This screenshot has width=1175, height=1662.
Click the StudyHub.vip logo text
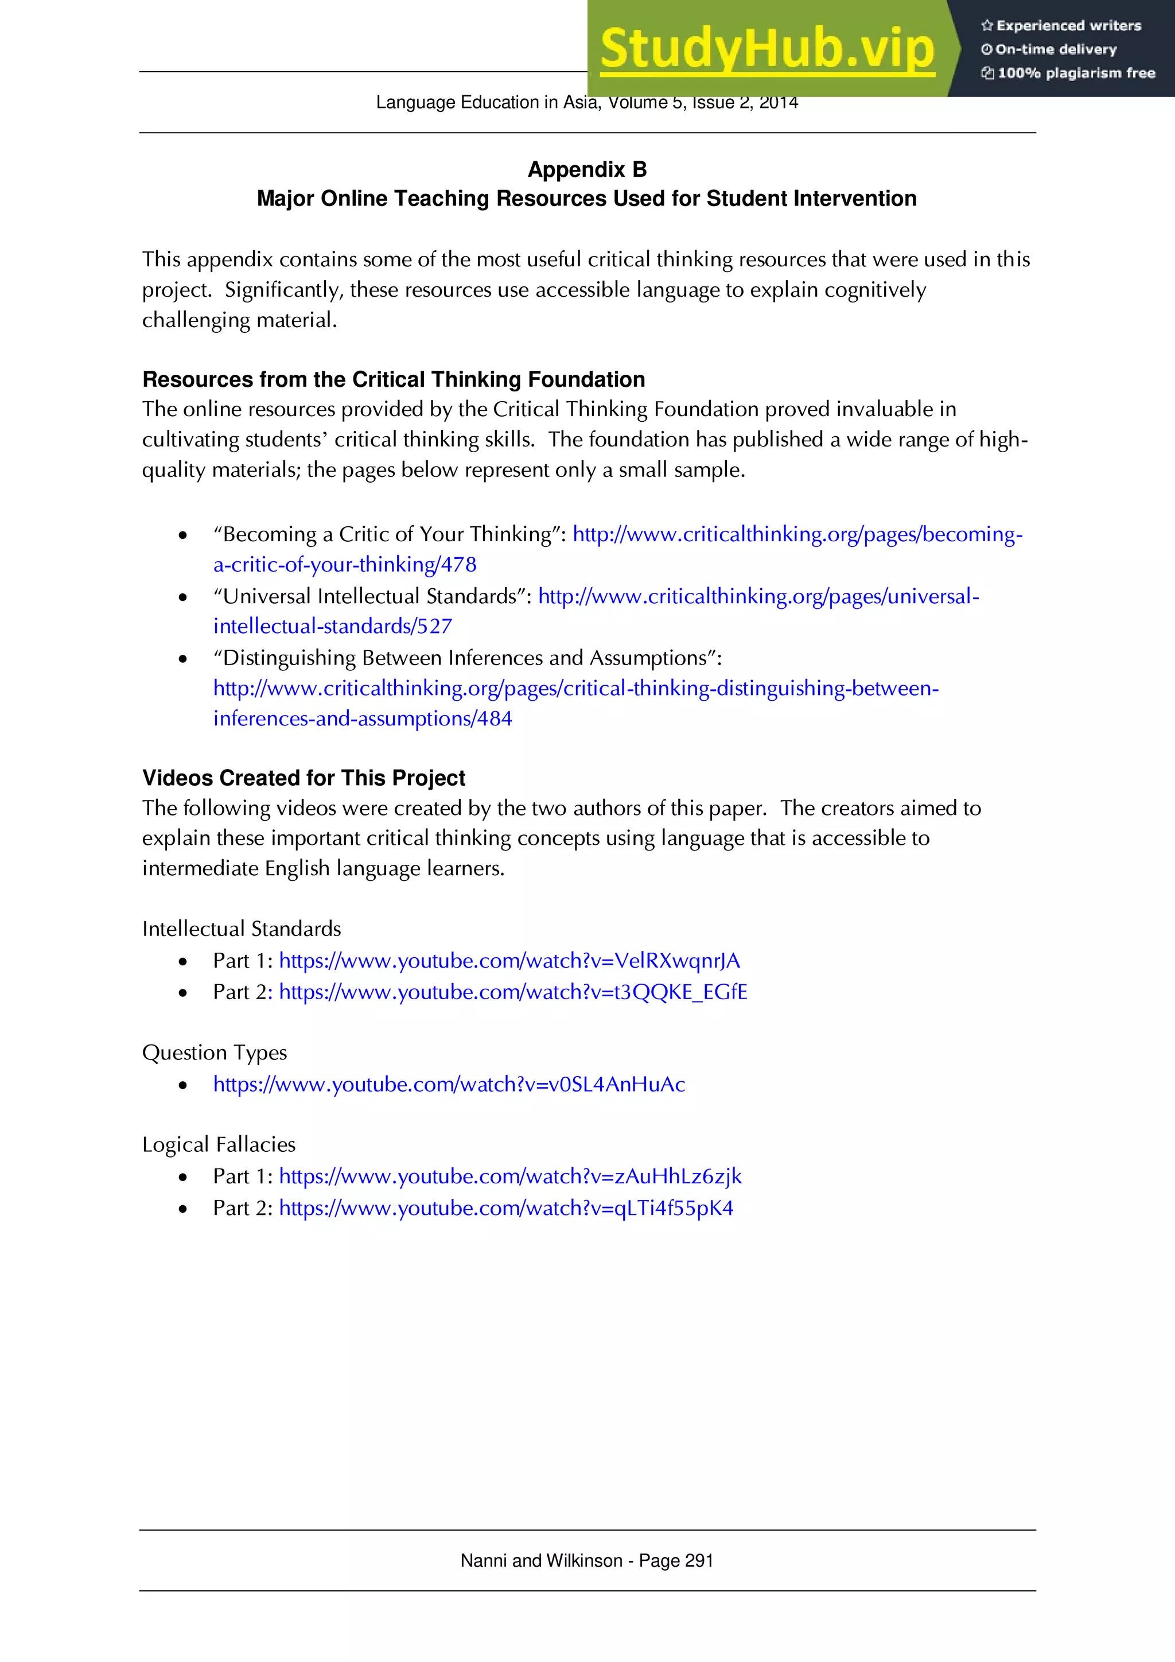click(767, 49)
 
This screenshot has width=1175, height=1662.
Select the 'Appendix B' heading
click(587, 169)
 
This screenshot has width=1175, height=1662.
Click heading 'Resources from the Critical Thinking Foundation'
click(393, 379)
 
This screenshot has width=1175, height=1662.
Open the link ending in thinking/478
click(344, 565)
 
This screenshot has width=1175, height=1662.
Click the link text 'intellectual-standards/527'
click(332, 626)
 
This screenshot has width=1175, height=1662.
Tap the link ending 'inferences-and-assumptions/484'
click(362, 719)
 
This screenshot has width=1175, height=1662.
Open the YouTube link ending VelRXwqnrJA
click(509, 961)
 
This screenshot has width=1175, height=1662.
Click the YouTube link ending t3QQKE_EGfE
click(512, 992)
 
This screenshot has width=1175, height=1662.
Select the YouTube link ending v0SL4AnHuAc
click(449, 1084)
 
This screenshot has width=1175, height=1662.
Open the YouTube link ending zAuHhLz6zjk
click(509, 1176)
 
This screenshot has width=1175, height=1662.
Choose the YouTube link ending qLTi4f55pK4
click(505, 1208)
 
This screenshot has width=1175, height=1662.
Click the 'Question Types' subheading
click(214, 1053)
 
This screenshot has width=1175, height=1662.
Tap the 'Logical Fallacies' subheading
click(219, 1144)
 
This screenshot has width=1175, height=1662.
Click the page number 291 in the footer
click(699, 1560)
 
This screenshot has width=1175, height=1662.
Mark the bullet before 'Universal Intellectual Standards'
click(183, 597)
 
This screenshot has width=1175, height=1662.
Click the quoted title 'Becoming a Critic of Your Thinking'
click(388, 534)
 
